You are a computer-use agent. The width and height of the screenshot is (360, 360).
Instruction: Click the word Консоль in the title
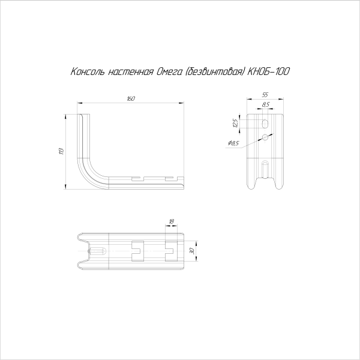click(x=88, y=71)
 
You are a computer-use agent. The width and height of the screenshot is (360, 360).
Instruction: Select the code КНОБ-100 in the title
click(x=268, y=71)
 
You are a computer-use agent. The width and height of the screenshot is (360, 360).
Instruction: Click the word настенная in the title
click(x=130, y=73)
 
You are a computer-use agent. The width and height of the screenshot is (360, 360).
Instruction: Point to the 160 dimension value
click(x=131, y=99)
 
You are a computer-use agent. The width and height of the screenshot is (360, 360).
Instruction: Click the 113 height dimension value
click(x=61, y=151)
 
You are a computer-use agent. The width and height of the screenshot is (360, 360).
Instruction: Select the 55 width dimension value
click(x=265, y=95)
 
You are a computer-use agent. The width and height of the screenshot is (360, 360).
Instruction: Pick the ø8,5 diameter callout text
click(x=233, y=143)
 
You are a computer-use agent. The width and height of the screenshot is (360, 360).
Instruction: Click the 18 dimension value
click(x=171, y=221)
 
